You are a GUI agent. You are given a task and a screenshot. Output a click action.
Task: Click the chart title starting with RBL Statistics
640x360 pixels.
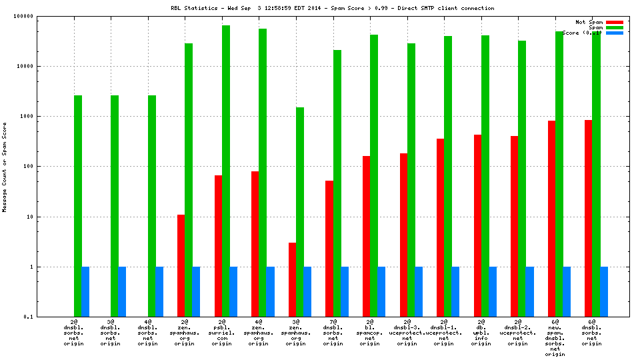[332, 8]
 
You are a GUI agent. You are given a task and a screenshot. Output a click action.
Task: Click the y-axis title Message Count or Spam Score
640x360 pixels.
[5, 167]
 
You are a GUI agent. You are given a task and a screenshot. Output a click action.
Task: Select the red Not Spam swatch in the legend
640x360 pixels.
[614, 22]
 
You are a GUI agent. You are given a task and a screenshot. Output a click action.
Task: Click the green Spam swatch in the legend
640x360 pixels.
[614, 27]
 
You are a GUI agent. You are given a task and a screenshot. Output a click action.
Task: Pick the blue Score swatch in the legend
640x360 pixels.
[614, 33]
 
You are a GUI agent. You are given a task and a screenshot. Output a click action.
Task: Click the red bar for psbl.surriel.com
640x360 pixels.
[219, 246]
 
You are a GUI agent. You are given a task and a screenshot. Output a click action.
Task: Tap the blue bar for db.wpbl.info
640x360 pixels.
[493, 291]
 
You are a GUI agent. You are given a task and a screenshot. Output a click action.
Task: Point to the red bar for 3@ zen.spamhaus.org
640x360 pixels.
[293, 279]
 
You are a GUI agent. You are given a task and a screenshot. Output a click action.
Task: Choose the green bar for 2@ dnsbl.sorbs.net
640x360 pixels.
[78, 206]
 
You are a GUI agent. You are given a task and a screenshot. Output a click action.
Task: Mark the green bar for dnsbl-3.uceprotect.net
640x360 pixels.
[411, 180]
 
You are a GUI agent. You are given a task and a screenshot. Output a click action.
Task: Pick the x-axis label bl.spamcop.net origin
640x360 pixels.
[374, 333]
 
